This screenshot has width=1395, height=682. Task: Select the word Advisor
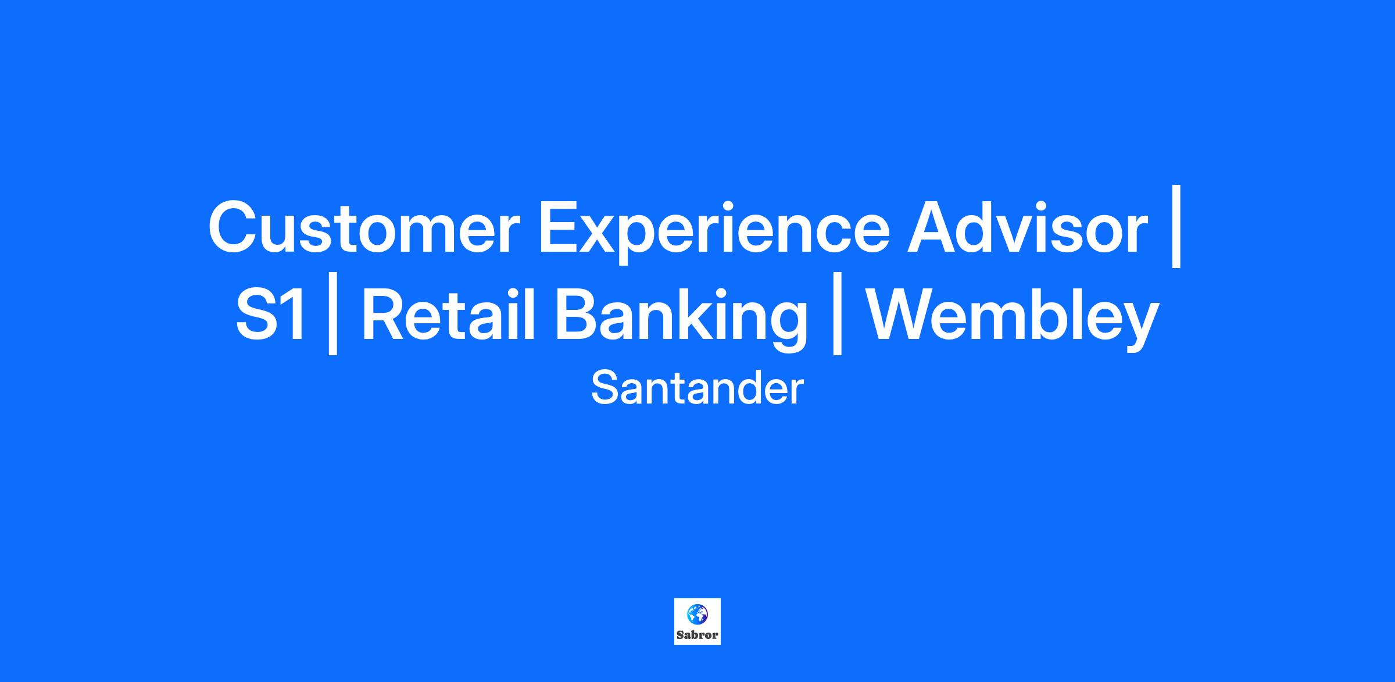(x=1028, y=227)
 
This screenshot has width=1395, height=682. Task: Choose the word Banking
(x=681, y=317)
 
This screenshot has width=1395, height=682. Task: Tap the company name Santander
(x=697, y=388)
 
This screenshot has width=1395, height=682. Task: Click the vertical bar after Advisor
(x=1176, y=226)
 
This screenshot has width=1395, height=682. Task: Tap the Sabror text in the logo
(x=697, y=635)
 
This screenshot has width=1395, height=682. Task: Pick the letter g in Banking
(x=785, y=325)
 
